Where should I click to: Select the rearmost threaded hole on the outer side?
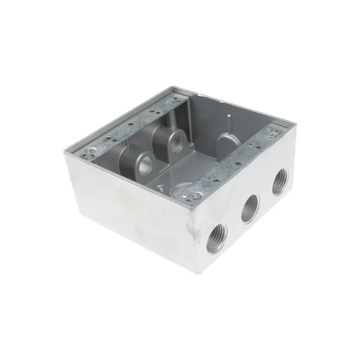279,183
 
